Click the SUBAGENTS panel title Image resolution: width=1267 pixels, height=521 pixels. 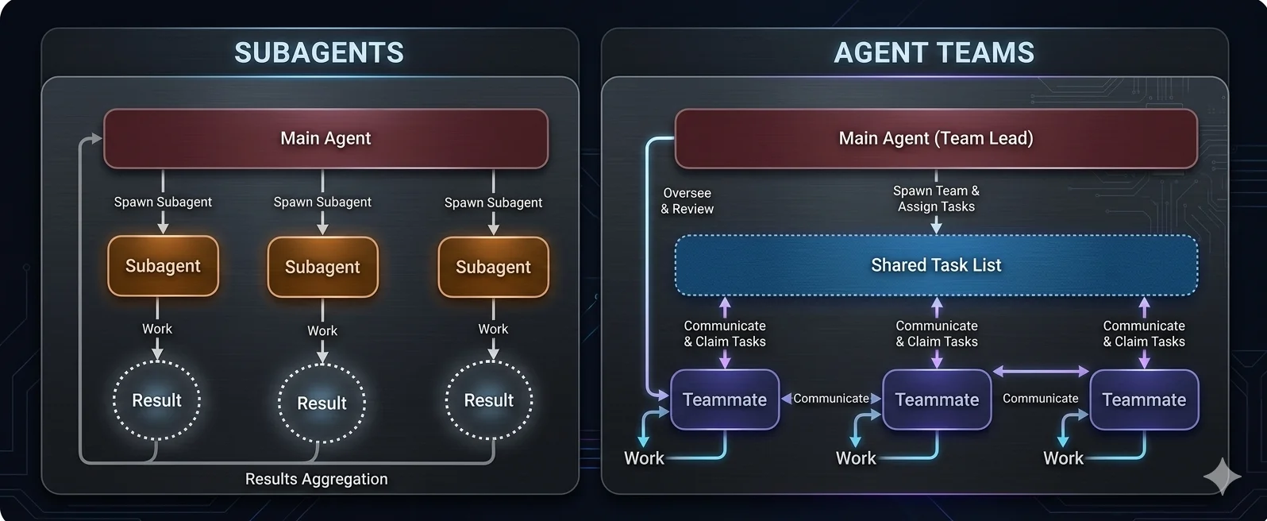319,52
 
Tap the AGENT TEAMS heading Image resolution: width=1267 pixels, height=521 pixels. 934,52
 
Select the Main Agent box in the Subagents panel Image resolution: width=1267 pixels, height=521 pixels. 325,138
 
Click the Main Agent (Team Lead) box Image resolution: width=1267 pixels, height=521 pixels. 936,138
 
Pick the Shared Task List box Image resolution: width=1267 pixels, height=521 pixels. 936,265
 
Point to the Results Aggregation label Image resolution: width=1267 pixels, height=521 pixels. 316,479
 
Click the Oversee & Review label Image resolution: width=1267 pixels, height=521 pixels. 687,201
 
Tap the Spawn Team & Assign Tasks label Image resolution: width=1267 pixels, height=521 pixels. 936,199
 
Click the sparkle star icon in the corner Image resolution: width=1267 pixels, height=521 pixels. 1221,476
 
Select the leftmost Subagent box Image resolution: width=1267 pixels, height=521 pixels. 163,266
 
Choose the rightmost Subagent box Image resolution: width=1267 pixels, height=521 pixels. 493,267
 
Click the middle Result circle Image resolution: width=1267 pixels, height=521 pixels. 322,403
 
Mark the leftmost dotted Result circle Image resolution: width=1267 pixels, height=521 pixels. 156,400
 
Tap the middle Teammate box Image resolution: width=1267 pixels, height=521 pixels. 937,399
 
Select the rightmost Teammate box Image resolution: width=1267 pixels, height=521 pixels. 1144,399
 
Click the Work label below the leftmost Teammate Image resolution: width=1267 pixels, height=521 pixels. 644,458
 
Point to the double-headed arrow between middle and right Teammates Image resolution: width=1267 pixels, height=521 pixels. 1041,371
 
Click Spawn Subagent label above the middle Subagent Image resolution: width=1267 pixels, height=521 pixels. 322,202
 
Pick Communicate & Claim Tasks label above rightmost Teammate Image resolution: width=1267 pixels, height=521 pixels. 1144,334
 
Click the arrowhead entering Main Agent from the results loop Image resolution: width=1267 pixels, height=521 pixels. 96,139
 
